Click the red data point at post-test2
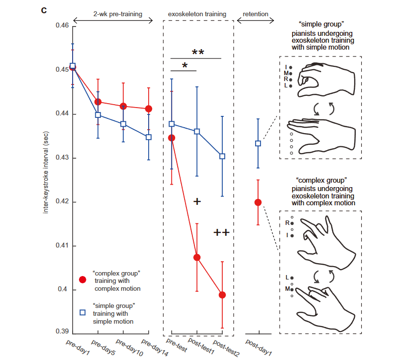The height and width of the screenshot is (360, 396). click(222, 295)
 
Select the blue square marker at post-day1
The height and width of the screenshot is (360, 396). click(258, 143)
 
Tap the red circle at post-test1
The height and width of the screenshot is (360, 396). click(197, 257)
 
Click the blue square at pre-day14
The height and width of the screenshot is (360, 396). click(149, 137)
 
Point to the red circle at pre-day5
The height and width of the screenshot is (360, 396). click(98, 102)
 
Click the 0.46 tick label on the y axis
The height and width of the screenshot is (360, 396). click(61, 25)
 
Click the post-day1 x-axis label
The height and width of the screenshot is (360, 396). click(259, 347)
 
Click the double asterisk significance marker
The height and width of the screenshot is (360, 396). click(198, 53)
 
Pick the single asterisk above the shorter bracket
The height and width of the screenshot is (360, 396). click(185, 65)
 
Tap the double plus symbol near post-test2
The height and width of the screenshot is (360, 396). click(221, 233)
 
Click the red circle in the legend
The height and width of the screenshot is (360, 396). click(83, 279)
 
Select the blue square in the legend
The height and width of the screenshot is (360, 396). click(83, 312)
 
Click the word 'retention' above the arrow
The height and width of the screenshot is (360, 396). click(256, 14)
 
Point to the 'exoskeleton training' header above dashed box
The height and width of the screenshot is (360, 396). click(198, 14)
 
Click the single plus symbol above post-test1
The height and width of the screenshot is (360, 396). click(197, 201)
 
